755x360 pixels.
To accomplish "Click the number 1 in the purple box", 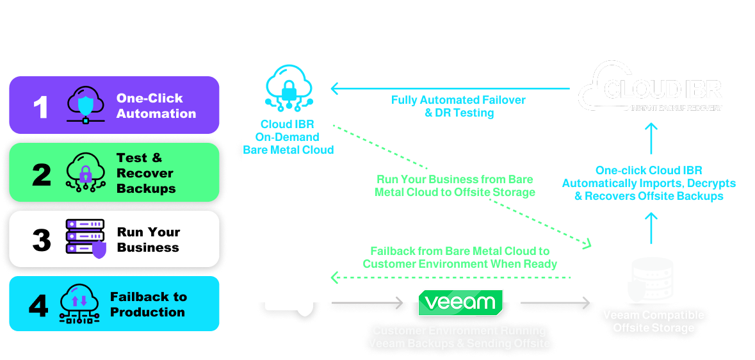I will [40, 106].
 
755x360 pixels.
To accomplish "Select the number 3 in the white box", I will [42, 240].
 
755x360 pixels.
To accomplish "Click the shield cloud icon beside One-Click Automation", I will [86, 105].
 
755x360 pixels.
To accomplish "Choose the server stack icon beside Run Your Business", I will [86, 238].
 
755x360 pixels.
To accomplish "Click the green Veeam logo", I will [460, 302].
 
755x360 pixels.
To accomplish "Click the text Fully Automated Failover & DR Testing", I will [459, 106].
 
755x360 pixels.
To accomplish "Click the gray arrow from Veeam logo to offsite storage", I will [555, 302].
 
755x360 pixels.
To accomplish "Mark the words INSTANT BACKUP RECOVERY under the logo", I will [676, 108].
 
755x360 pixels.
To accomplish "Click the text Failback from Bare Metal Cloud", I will [460, 258].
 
